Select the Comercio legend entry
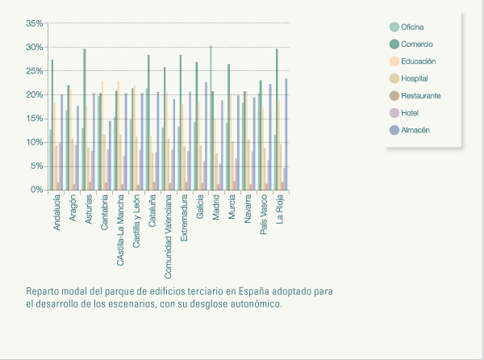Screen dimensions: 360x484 pyautogui.click(x=416, y=44)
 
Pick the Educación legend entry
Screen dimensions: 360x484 pyautogui.click(x=417, y=61)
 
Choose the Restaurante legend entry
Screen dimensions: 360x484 pyautogui.click(x=419, y=95)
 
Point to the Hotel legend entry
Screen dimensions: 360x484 pyautogui.click(x=410, y=112)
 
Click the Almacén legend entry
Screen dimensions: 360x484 pyautogui.click(x=415, y=129)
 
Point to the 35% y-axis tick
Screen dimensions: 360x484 pyautogui.click(x=34, y=24)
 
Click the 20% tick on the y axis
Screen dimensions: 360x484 pyautogui.click(x=34, y=95)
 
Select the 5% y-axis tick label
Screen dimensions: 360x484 pyautogui.click(x=35, y=166)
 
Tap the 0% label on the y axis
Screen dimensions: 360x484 pyautogui.click(x=35, y=190)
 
